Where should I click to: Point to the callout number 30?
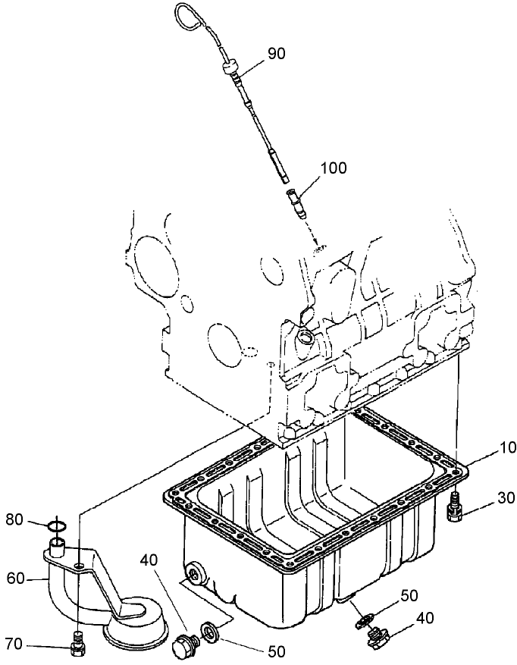pos(484,498)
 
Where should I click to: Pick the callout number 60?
pos(17,579)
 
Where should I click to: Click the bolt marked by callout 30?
pos(455,506)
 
